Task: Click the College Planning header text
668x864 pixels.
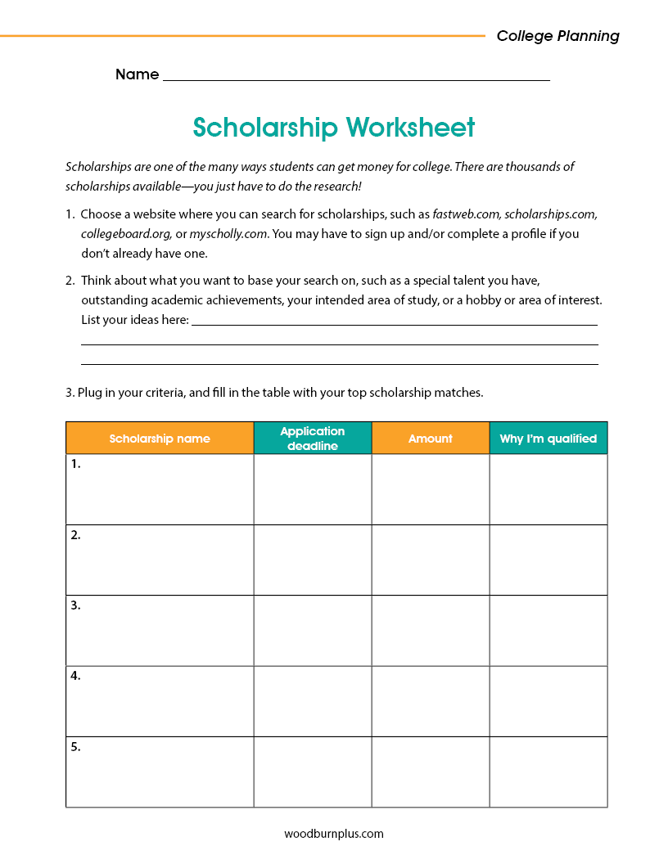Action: [x=557, y=36]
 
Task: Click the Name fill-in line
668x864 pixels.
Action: [x=356, y=75]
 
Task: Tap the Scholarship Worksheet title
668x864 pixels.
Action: [x=333, y=128]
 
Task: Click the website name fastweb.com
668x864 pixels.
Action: [x=466, y=214]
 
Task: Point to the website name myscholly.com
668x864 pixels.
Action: [x=228, y=233]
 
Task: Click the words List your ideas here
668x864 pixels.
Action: [x=134, y=319]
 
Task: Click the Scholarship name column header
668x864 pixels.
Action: [x=160, y=439]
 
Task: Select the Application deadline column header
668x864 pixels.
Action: [x=313, y=438]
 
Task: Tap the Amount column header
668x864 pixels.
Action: [x=430, y=439]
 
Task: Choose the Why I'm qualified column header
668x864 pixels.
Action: [x=548, y=439]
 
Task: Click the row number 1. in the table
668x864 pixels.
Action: [x=76, y=464]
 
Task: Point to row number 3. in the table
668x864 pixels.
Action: [x=76, y=606]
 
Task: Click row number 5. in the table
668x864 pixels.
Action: [x=76, y=747]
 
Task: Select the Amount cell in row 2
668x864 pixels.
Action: [x=430, y=560]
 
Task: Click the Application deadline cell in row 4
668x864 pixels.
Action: [x=313, y=701]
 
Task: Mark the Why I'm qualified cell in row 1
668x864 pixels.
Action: [x=548, y=489]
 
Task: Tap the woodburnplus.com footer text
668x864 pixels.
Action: [x=334, y=834]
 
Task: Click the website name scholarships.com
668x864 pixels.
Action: [x=550, y=214]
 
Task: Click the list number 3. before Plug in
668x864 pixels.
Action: [x=70, y=392]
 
